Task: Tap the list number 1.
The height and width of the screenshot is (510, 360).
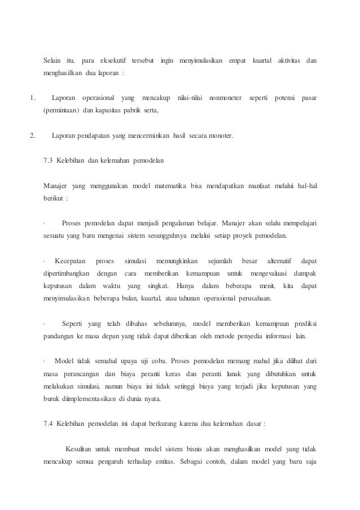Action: tap(32, 99)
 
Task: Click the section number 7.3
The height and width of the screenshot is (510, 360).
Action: tap(48, 161)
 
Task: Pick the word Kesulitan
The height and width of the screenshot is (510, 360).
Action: tap(80, 450)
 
